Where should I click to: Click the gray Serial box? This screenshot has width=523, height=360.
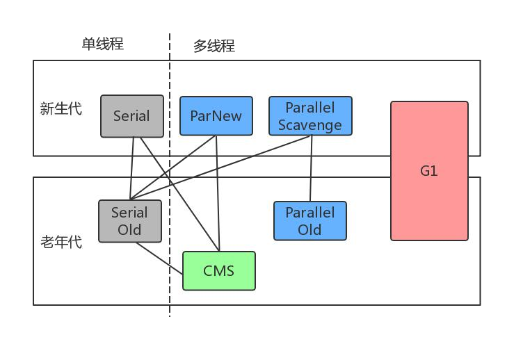click(132, 116)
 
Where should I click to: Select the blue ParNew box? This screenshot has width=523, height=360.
click(216, 116)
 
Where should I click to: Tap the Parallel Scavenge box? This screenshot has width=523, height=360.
click(310, 116)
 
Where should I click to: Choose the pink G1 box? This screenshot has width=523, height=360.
click(429, 171)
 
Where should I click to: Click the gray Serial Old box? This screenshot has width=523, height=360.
click(130, 221)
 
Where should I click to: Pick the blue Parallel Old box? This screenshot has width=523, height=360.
click(310, 221)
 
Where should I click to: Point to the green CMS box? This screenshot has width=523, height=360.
click(219, 270)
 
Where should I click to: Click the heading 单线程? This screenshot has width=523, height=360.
click(103, 44)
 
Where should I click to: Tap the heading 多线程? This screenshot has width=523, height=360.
click(214, 46)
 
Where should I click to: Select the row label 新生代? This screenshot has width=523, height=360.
click(61, 108)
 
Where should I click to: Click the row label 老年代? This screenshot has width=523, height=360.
click(61, 242)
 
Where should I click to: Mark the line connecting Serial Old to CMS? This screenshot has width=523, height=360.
click(159, 259)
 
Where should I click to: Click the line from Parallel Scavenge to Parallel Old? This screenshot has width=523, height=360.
click(311, 168)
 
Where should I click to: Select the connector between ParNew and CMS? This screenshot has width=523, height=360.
click(218, 193)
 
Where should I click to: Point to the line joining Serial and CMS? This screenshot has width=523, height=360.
click(179, 194)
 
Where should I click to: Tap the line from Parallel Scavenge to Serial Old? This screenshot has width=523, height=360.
click(220, 167)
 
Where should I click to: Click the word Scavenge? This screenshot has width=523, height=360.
click(310, 125)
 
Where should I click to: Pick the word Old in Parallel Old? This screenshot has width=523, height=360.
click(309, 229)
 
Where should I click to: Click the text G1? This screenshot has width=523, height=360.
click(429, 171)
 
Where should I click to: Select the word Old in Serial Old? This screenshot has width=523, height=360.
click(129, 229)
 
